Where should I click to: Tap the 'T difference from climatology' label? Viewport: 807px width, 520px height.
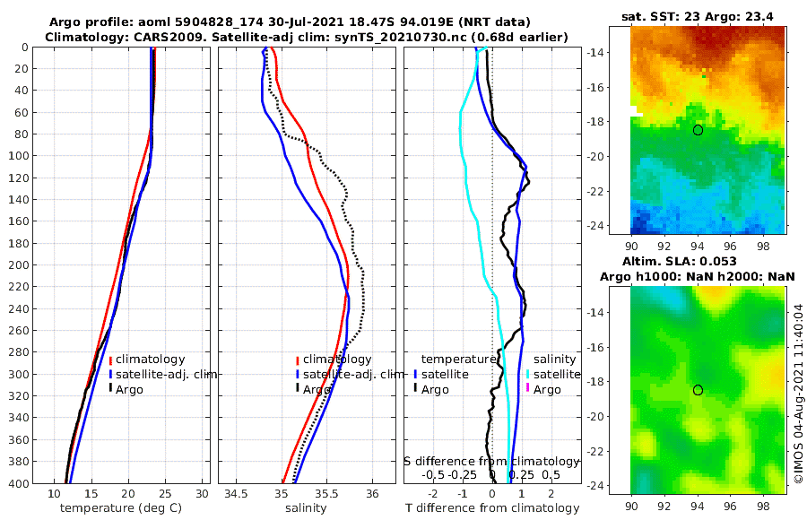(492, 508)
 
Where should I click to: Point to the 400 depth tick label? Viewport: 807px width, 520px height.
(20, 483)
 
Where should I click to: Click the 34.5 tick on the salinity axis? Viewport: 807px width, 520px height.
(237, 494)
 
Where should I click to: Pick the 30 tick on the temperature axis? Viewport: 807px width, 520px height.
(202, 494)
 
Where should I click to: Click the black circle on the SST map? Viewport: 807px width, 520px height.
(698, 130)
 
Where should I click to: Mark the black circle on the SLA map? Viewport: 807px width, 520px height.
(698, 390)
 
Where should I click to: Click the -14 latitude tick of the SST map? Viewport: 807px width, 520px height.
(619, 52)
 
